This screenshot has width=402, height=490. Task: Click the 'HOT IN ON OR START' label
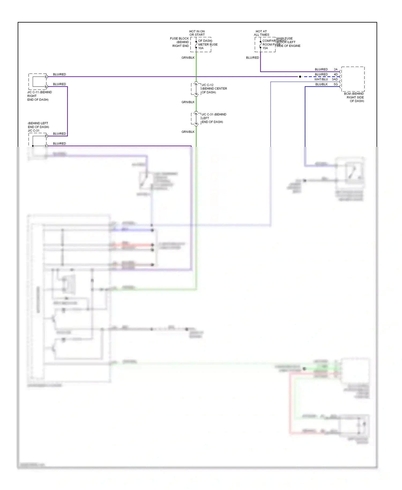(197, 33)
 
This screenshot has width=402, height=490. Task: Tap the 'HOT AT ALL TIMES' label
(261, 33)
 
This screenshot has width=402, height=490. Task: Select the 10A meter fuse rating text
(201, 48)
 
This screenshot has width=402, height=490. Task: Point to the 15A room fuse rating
(265, 48)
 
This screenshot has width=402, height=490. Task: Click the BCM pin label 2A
(336, 69)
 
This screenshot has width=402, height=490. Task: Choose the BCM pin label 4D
(336, 75)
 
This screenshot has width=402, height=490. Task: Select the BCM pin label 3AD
(335, 79)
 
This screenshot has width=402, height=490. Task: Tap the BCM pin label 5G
(336, 84)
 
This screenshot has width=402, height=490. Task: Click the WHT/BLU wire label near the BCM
(321, 79)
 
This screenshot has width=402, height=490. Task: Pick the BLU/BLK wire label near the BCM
(321, 84)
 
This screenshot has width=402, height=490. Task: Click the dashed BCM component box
(353, 79)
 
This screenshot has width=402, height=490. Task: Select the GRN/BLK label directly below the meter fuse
(188, 58)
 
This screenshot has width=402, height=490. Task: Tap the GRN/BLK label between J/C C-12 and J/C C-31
(188, 102)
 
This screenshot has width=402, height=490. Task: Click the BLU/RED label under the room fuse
(252, 58)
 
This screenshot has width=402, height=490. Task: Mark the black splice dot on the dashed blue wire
(300, 77)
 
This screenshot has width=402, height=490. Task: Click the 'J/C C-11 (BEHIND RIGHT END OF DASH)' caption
(39, 96)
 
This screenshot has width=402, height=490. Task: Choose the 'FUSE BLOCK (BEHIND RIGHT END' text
(180, 42)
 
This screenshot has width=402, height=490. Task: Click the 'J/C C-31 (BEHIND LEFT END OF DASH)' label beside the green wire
(214, 118)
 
